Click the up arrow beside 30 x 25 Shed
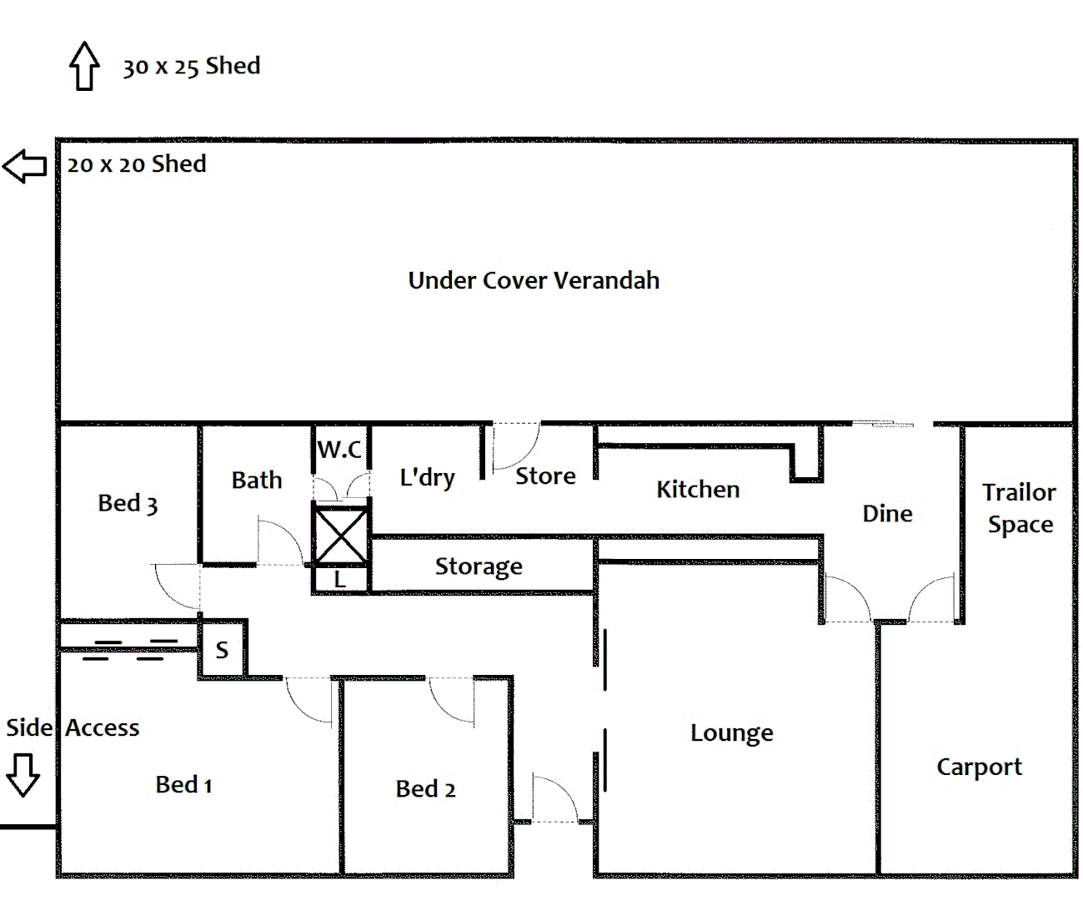84,66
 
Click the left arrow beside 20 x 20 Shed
24,165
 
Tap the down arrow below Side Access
23,774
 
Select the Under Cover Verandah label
534,280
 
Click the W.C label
339,450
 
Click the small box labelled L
340,579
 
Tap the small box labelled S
222,650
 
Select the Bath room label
257,480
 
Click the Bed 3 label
128,503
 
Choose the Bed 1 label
183,784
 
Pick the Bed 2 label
425,788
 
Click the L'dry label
427,477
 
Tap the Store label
545,476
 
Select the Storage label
479,566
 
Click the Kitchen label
698,489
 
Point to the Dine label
887,513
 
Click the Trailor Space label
1019,508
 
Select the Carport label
979,767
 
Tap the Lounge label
731,732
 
